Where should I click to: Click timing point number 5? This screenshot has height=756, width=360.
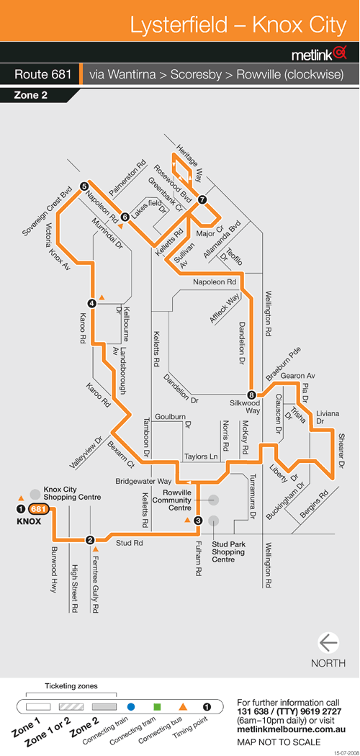coord(84,186)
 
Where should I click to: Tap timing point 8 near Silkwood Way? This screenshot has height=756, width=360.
coord(251,394)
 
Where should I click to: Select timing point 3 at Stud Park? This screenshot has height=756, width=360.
coord(197,521)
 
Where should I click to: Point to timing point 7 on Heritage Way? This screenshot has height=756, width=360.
coord(202,199)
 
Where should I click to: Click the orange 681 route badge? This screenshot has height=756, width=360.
coord(37,508)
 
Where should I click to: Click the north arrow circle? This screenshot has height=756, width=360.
coord(328,643)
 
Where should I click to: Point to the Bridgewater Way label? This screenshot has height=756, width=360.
coord(143,481)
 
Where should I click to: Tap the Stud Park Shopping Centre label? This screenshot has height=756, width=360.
coord(229,552)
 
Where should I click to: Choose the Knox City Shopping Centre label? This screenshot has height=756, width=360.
coord(72,493)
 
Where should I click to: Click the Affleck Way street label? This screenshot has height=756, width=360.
coord(225,308)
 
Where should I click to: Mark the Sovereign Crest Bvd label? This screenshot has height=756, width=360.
coord(47,215)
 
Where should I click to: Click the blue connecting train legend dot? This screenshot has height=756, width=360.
coord(130,707)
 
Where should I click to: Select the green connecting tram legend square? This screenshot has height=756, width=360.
coord(157,707)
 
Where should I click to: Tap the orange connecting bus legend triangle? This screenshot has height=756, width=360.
coord(183,707)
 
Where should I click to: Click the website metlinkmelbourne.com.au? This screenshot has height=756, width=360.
coord(292,730)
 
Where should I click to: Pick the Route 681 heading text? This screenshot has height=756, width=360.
coord(43,75)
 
